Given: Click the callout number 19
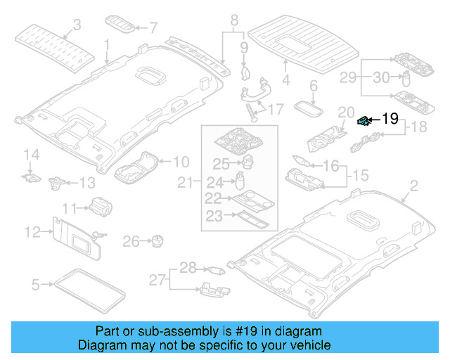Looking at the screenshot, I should [390, 119].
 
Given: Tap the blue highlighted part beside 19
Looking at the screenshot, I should [364, 121].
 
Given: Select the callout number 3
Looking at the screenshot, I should [77, 25].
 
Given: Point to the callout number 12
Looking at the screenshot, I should [32, 231].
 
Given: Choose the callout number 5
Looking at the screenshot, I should [36, 285].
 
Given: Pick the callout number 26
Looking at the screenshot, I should [131, 242].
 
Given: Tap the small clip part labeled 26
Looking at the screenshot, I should [157, 241].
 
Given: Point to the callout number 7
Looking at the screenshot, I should [153, 27].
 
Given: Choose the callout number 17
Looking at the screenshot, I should [275, 109].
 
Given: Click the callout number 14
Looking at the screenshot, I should [30, 155].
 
